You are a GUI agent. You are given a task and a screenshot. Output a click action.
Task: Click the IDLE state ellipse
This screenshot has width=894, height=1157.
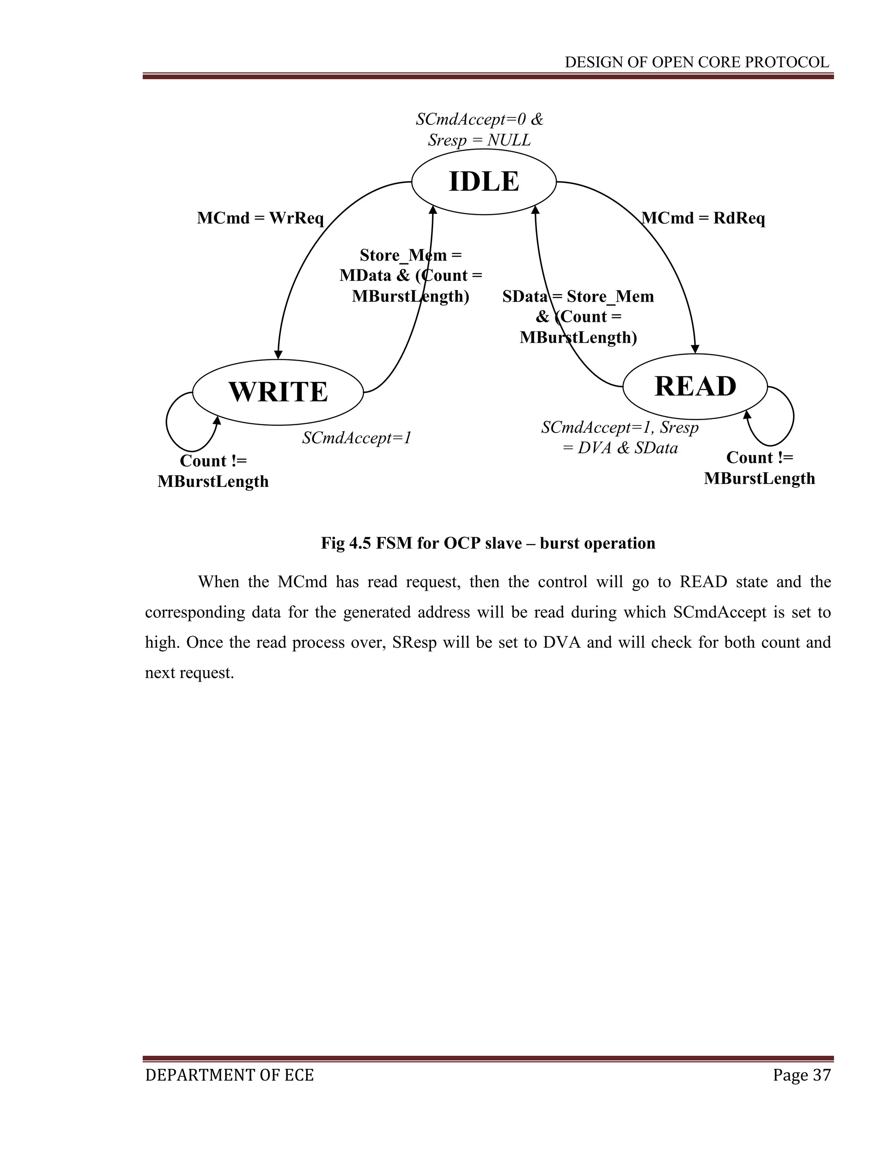click(x=484, y=182)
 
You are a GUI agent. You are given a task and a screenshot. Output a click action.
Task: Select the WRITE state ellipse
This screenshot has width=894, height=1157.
click(x=278, y=392)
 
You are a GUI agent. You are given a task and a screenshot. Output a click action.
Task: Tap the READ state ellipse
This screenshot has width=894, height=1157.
click(x=695, y=386)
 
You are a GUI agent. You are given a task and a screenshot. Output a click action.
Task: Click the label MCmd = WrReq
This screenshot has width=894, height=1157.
click(x=260, y=218)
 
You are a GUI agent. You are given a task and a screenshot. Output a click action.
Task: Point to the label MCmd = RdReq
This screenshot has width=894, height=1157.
click(x=703, y=218)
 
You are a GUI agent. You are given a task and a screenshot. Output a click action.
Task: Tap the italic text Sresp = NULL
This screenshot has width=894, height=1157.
click(x=479, y=141)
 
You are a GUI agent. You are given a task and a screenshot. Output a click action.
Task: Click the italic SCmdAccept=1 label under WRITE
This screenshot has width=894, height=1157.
click(x=357, y=438)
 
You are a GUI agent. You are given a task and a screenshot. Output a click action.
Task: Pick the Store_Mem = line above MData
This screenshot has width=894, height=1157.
click(x=410, y=255)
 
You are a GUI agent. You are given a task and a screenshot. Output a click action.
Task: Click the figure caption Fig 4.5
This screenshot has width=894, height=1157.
click(x=488, y=543)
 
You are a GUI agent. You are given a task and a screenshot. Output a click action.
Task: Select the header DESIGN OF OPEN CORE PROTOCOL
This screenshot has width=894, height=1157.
click(x=696, y=62)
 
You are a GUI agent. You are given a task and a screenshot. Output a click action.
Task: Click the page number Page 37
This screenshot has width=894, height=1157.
click(x=801, y=1075)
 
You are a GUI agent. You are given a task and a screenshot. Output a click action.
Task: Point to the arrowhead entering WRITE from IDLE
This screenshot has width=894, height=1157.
click(x=278, y=355)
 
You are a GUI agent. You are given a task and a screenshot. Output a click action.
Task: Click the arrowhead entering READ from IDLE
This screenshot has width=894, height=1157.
click(x=695, y=349)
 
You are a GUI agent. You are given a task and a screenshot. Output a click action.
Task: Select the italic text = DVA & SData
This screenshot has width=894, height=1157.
click(x=620, y=448)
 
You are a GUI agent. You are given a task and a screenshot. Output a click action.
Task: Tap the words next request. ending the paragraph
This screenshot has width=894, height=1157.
click(x=189, y=673)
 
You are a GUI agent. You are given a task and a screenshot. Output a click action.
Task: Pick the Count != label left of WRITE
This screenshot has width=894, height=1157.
click(x=213, y=461)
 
